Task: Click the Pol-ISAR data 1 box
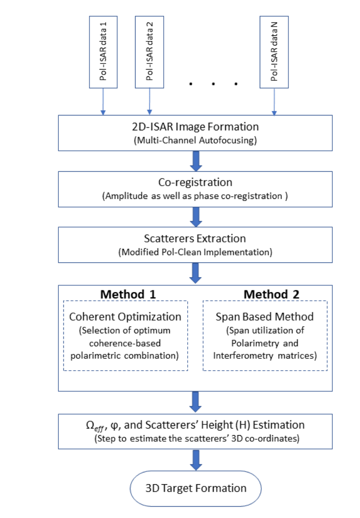pyautogui.click(x=103, y=52)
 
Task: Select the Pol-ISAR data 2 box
pyautogui.click(x=150, y=52)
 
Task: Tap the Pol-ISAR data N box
pyautogui.click(x=274, y=52)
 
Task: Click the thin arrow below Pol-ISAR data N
pyautogui.click(x=274, y=102)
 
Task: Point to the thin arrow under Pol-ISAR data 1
pyautogui.click(x=103, y=102)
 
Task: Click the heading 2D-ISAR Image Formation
pyautogui.click(x=195, y=127)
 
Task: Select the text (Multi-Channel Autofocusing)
pyautogui.click(x=195, y=141)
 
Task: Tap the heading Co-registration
pyautogui.click(x=195, y=183)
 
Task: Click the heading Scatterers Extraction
pyautogui.click(x=195, y=238)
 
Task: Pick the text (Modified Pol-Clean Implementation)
pyautogui.click(x=195, y=253)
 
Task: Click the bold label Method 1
pyautogui.click(x=128, y=295)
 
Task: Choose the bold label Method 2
pyautogui.click(x=272, y=295)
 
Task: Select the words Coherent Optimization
pyautogui.click(x=125, y=317)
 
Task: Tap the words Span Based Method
pyautogui.click(x=264, y=317)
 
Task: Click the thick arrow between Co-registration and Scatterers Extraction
pyautogui.click(x=196, y=217)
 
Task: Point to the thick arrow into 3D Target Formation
pyautogui.click(x=196, y=460)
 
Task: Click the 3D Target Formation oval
pyautogui.click(x=196, y=488)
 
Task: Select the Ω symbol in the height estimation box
pyautogui.click(x=90, y=425)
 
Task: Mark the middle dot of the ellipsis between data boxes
pyautogui.click(x=213, y=84)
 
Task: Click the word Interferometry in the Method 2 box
pyautogui.click(x=243, y=356)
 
